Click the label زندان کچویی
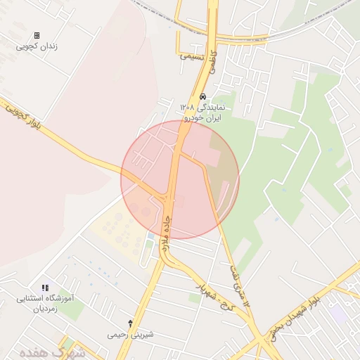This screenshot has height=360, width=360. click(x=37, y=46)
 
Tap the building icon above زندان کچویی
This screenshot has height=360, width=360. click(x=37, y=35)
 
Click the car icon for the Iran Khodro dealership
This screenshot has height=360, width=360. click(x=202, y=96)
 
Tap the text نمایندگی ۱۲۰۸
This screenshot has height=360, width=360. click(x=202, y=107)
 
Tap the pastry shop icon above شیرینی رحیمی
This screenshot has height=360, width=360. click(x=129, y=323)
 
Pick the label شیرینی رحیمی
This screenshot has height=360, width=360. click(x=130, y=334)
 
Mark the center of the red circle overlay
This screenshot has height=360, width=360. click(x=180, y=179)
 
